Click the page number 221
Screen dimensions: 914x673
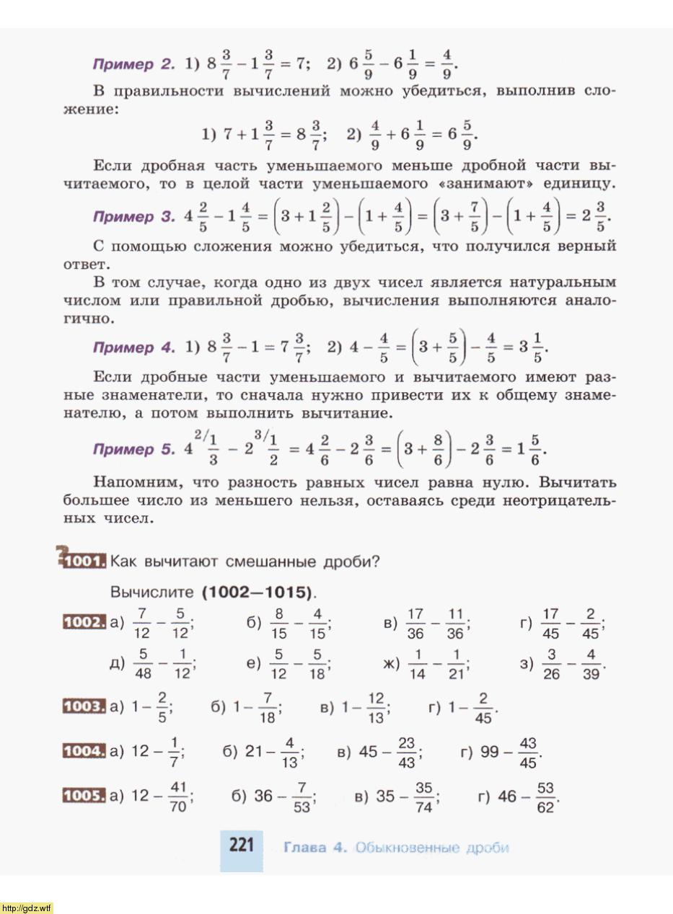click(241, 845)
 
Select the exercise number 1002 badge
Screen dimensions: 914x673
click(85, 621)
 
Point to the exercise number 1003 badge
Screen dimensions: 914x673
click(85, 706)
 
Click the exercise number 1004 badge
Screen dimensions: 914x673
click(85, 751)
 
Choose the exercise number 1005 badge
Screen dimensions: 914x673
click(85, 796)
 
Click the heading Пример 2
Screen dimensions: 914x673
click(133, 64)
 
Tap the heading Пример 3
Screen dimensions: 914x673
click(133, 216)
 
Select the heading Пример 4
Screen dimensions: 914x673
click(133, 347)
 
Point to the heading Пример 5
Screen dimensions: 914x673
click(133, 449)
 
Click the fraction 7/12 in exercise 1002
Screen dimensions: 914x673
click(141, 623)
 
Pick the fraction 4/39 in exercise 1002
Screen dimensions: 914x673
click(592, 663)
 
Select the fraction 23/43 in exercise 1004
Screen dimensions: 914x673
click(407, 753)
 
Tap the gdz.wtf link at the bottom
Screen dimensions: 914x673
click(27, 908)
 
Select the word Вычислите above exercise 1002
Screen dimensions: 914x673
click(151, 593)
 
